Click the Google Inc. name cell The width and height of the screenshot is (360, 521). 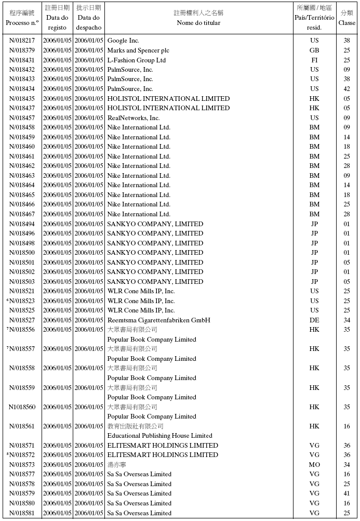coord(123,41)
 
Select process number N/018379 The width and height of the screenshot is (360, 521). coord(22,50)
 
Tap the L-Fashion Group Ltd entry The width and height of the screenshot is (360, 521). coord(136,60)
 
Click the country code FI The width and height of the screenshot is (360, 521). coord(314,60)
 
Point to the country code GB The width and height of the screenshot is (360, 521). coord(314,50)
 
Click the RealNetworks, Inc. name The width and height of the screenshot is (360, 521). coord(133,118)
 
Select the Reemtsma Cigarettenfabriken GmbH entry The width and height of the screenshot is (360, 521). coord(158,320)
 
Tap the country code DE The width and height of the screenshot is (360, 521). coord(314,320)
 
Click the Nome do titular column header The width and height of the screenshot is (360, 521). coord(198,23)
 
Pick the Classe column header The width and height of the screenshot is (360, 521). coord(346,22)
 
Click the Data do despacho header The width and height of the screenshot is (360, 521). coord(89,23)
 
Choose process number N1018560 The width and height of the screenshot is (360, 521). coord(22,407)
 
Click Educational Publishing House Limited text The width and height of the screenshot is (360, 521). coord(159,436)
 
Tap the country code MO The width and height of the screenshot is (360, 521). coord(314,465)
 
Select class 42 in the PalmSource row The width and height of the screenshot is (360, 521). coord(346,89)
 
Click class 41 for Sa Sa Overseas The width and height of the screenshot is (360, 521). coord(346,493)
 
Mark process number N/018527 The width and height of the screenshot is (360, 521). coord(22,320)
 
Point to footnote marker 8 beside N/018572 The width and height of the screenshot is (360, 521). coord(8,454)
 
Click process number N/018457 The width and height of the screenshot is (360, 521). coord(22,118)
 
